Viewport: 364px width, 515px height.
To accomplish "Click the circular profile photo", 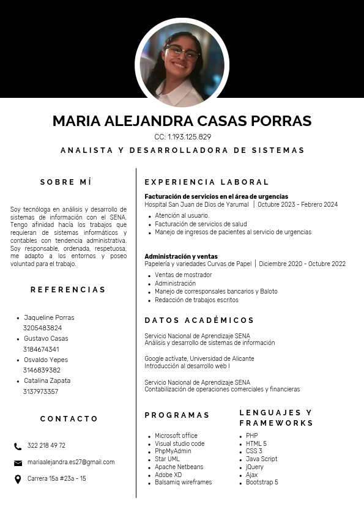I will click(x=182, y=64).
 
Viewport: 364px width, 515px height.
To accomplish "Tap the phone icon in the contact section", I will click(x=18, y=446).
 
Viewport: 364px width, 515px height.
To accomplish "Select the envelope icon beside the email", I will click(x=18, y=462).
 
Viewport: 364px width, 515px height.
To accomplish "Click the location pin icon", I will click(x=18, y=479).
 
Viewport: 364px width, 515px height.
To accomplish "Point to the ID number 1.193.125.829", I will click(x=189, y=137).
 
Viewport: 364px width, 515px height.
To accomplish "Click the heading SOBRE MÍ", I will click(x=65, y=182).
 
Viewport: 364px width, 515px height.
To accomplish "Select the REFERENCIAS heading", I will click(x=68, y=289).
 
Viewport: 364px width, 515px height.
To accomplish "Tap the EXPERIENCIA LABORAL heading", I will click(x=207, y=182).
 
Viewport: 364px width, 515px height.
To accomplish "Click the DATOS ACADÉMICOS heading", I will click(x=199, y=320).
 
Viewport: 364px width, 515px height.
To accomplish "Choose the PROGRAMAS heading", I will click(x=177, y=415).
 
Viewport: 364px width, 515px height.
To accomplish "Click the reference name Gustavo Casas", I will click(x=46, y=338).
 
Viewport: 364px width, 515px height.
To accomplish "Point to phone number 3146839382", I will click(x=42, y=370).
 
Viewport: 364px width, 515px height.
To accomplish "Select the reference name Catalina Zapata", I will click(x=47, y=380).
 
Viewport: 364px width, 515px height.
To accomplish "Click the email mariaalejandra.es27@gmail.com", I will click(x=71, y=462).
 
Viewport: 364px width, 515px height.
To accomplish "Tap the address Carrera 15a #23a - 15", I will click(x=56, y=479).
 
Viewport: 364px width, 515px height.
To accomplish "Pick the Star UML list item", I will click(x=167, y=459).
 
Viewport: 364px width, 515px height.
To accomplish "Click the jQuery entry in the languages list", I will click(x=254, y=467).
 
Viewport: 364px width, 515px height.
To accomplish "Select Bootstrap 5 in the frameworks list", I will click(x=262, y=482).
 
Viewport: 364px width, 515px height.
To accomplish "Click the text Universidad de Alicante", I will click(x=222, y=358).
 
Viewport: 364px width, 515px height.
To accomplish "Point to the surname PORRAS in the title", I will click(x=280, y=121).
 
